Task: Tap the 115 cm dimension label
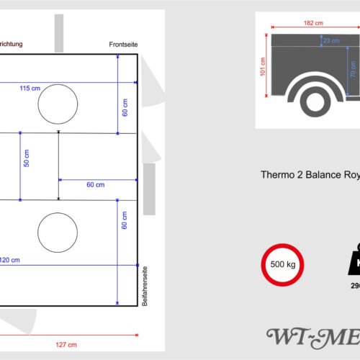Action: pos(30,88)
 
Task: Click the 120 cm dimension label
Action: pos(10,259)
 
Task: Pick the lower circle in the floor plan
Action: pos(58,233)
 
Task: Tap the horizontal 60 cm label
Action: pos(95,185)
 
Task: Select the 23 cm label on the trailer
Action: pos(332,41)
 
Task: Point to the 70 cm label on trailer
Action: pos(353,69)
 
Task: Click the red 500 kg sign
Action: pos(281,264)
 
